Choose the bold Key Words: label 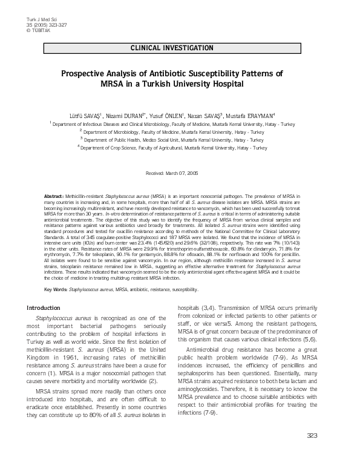click(x=56, y=290)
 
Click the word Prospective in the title click(x=84, y=74)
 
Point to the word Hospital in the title click(x=227, y=84)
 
